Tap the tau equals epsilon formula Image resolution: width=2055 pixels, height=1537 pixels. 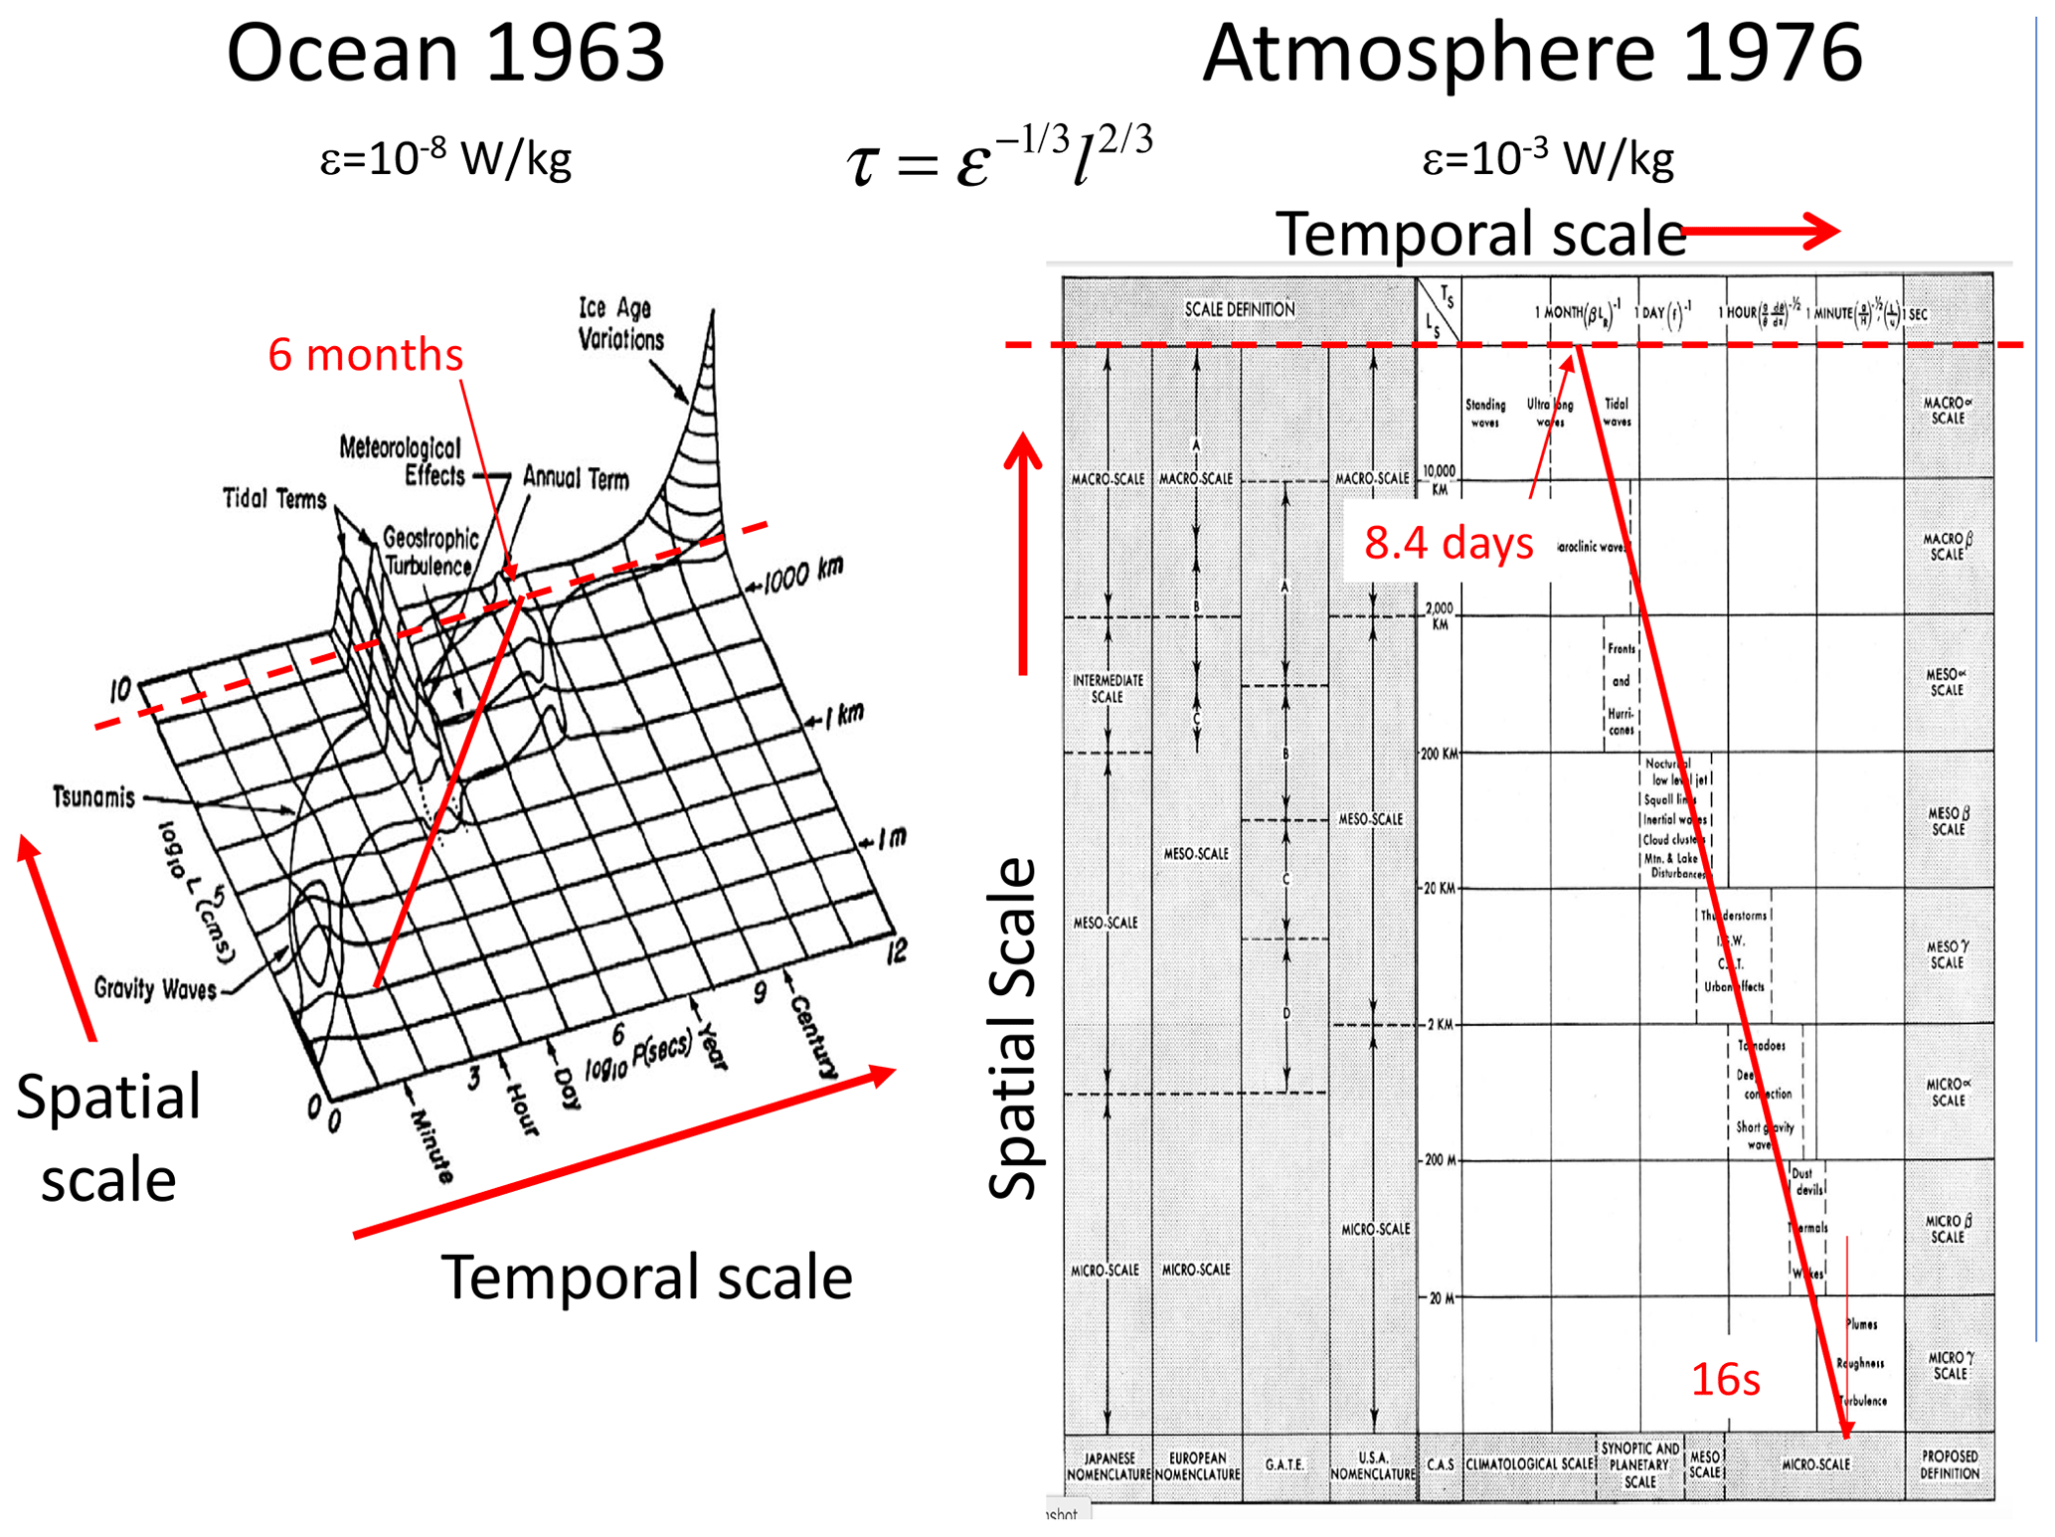(999, 157)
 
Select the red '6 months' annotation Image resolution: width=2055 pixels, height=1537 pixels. (365, 355)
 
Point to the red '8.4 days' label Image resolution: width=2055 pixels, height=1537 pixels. (1448, 543)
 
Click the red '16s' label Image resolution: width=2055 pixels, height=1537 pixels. (1725, 1379)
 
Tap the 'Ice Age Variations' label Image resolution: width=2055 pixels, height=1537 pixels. (620, 323)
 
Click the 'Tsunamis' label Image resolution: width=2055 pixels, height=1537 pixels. (93, 796)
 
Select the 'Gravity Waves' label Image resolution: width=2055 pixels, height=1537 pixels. (155, 988)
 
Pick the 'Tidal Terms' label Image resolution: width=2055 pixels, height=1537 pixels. (274, 498)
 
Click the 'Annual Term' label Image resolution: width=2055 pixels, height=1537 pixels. (576, 478)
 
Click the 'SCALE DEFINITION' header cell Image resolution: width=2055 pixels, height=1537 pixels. (1239, 310)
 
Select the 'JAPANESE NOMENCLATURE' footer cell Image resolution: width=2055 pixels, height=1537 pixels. (1108, 1465)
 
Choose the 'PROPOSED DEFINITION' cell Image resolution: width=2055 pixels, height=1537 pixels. (1949, 1464)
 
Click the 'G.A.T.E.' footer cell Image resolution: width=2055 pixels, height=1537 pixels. (1284, 1464)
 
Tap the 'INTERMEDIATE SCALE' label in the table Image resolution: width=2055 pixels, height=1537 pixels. (1107, 688)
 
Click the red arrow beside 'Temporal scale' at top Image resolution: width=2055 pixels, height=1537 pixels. (1760, 232)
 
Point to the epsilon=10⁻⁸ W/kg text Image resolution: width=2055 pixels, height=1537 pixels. (445, 159)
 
